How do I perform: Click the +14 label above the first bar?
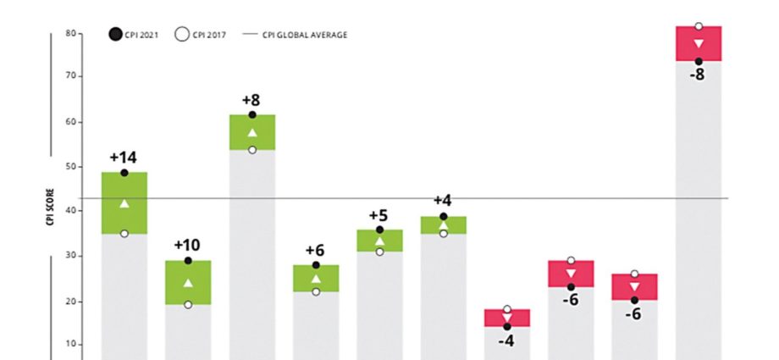point(124,157)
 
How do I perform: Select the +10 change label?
point(187,245)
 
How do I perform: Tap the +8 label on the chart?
point(251,100)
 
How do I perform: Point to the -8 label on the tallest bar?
point(698,75)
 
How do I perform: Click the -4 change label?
point(506,341)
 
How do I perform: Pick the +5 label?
point(378,215)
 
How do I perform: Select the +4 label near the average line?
point(443,201)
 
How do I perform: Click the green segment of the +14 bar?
point(124,203)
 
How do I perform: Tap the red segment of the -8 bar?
point(698,44)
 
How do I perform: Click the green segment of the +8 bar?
point(251,133)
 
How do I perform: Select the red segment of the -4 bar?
point(506,318)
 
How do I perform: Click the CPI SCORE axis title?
point(51,208)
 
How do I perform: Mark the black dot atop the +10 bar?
point(188,260)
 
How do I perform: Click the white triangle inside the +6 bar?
point(316,278)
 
